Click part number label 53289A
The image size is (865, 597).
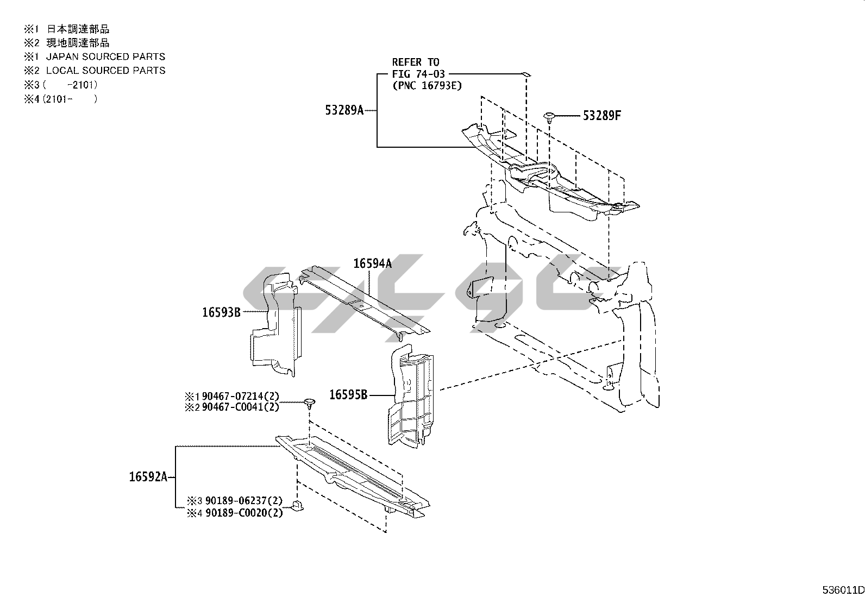pyautogui.click(x=344, y=110)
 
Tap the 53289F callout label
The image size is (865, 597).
pyautogui.click(x=601, y=116)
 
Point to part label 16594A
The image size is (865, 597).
pyautogui.click(x=373, y=264)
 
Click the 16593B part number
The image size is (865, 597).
pyautogui.click(x=221, y=312)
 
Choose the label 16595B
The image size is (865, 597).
pyautogui.click(x=348, y=395)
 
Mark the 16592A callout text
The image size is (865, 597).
pyautogui.click(x=148, y=477)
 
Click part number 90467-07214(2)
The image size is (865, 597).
pyautogui.click(x=240, y=396)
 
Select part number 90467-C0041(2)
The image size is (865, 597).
pyautogui.click(x=240, y=407)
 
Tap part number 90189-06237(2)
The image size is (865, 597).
pyautogui.click(x=244, y=501)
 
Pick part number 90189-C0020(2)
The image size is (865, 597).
pyautogui.click(x=244, y=513)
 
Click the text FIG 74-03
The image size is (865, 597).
pyautogui.click(x=418, y=74)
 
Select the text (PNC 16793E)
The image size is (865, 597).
pyautogui.click(x=427, y=86)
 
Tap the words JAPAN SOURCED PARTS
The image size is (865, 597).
pyautogui.click(x=105, y=56)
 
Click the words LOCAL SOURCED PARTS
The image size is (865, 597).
pyautogui.click(x=105, y=71)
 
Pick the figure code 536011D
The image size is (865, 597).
pyautogui.click(x=843, y=590)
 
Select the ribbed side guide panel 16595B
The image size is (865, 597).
pyautogui.click(x=410, y=396)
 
